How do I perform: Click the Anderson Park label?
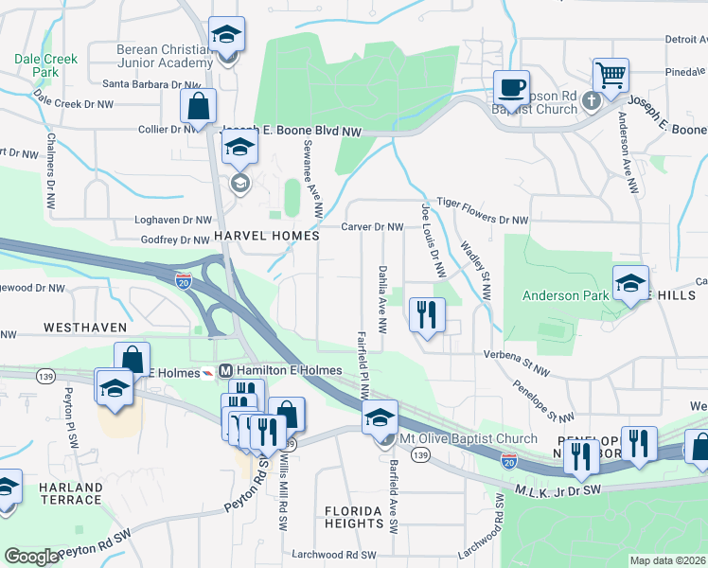coord(566,295)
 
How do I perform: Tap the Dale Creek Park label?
coord(45,64)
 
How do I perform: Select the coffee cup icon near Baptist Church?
coord(511,87)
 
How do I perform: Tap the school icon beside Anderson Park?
coord(630,283)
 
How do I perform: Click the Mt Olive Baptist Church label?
coord(468,438)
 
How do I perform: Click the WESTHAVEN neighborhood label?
coord(85,327)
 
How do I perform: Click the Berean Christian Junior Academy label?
coord(163,57)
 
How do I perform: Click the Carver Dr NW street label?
coord(372,227)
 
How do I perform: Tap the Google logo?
coord(31,557)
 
